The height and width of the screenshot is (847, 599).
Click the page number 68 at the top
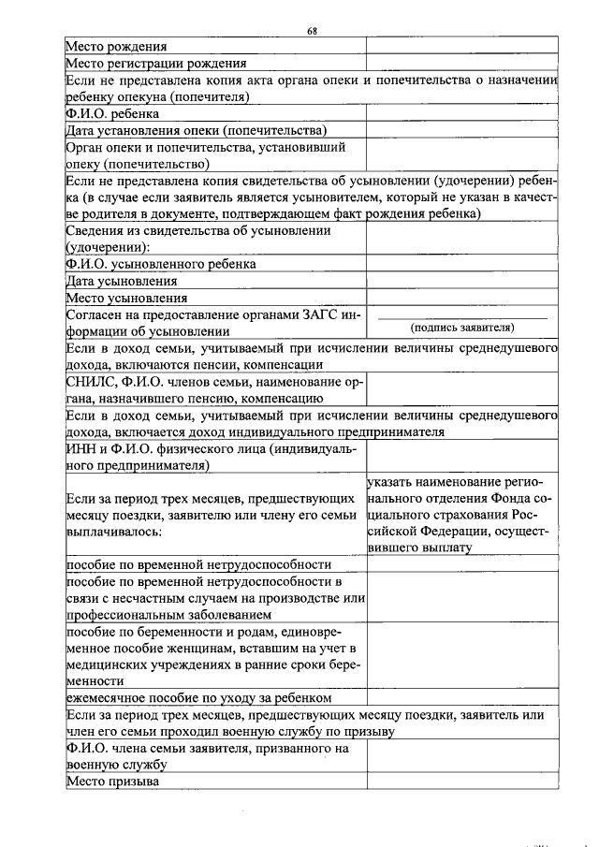tap(313, 31)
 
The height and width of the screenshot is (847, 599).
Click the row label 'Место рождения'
tap(117, 46)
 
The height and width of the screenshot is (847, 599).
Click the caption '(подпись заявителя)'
tap(462, 329)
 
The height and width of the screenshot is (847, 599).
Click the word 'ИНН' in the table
tap(80, 449)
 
